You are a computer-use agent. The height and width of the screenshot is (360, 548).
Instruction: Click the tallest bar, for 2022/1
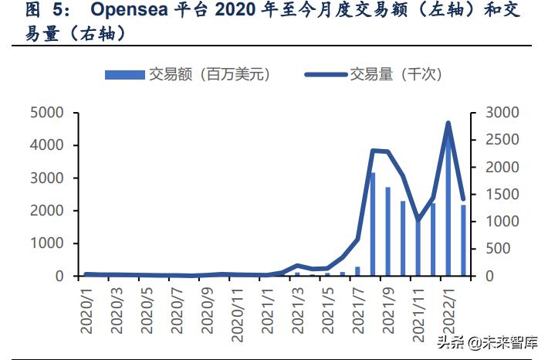point(448,209)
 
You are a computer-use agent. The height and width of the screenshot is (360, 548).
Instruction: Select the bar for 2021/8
point(372,224)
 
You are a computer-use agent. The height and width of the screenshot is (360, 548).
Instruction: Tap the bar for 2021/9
point(387,232)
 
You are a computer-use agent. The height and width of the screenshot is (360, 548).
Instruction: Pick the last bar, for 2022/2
point(463,240)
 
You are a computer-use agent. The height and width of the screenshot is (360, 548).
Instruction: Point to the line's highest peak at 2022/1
point(448,123)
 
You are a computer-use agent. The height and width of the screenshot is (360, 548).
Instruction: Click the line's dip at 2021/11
point(418,220)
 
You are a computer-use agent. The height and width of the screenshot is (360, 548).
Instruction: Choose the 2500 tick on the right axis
point(501,140)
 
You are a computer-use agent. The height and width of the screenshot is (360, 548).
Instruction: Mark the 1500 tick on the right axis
point(501,195)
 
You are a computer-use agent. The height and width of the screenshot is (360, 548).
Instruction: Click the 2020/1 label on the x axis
point(86,309)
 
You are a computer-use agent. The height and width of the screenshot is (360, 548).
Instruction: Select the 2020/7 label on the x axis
point(177,309)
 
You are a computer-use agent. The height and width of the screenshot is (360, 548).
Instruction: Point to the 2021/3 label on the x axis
point(297,309)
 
